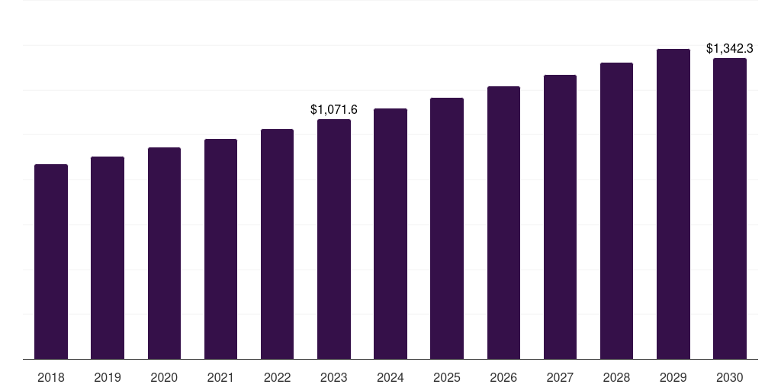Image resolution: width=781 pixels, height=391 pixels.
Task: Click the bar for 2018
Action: tap(51, 261)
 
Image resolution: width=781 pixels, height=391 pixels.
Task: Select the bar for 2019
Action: tap(108, 257)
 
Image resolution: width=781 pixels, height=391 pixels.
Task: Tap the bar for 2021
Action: tap(220, 249)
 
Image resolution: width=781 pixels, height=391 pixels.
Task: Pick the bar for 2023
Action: tap(334, 239)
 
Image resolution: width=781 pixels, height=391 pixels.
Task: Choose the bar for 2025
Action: tap(447, 228)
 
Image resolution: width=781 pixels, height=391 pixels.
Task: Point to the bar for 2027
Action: tap(560, 217)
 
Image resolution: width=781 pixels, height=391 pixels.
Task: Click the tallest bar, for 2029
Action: tap(673, 204)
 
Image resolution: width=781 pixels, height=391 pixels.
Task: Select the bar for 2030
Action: tap(730, 208)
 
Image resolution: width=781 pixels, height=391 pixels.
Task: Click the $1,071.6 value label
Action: tap(334, 110)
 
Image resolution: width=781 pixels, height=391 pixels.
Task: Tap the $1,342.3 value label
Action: tap(730, 49)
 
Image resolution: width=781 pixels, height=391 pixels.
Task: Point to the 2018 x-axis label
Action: tap(51, 377)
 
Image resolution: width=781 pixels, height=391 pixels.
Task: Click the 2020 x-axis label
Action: tap(164, 377)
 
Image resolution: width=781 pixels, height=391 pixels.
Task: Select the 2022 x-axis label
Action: tap(277, 377)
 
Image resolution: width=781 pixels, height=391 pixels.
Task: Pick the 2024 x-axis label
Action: tap(390, 377)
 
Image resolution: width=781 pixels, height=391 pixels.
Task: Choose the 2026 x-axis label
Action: tap(503, 377)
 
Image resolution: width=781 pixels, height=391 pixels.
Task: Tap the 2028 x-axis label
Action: tap(616, 377)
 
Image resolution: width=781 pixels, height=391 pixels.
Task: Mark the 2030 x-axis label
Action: tap(730, 377)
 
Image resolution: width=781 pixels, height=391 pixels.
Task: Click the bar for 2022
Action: tap(277, 244)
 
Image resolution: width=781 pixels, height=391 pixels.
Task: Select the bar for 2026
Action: tap(503, 222)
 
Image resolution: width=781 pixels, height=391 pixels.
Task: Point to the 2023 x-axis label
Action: tap(334, 377)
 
